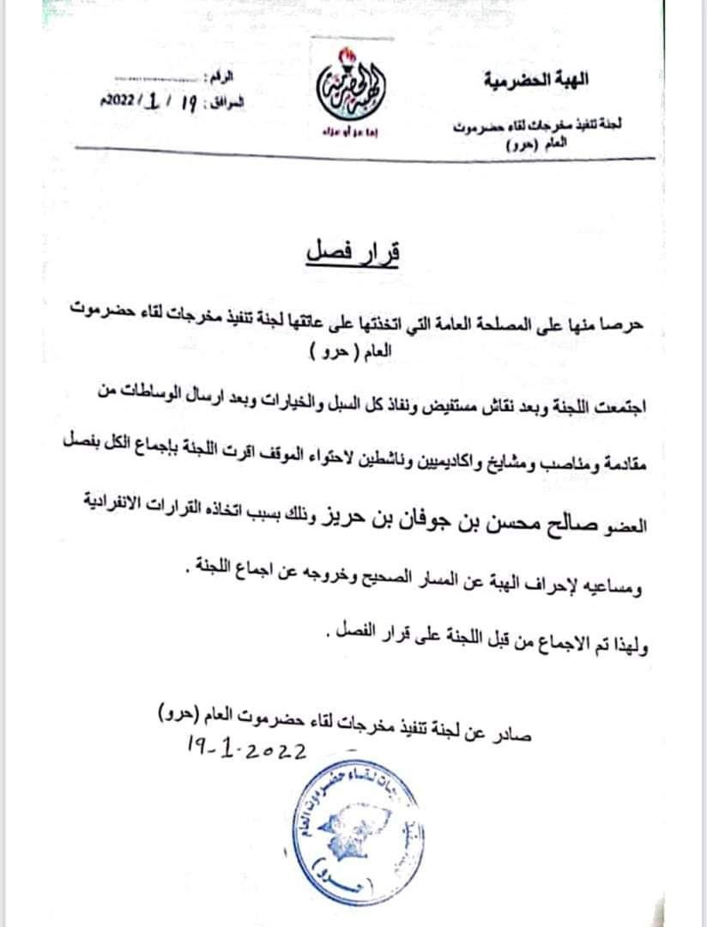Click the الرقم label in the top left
click(219, 79)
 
